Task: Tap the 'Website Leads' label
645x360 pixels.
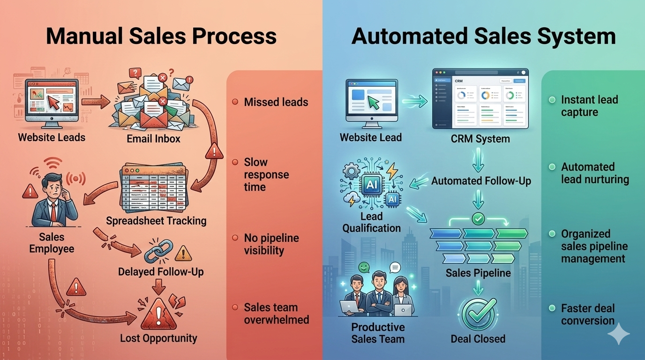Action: (52, 138)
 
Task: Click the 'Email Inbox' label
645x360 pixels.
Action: (153, 139)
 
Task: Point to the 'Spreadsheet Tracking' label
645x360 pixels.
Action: (156, 221)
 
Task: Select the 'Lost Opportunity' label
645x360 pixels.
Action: (158, 338)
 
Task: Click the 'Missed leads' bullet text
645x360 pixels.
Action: (276, 102)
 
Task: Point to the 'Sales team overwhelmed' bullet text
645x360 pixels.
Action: (276, 314)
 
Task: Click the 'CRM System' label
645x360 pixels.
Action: (480, 139)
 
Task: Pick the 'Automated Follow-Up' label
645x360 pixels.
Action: (481, 181)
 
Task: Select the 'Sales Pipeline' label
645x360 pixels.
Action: (478, 273)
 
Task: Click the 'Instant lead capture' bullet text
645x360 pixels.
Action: (589, 106)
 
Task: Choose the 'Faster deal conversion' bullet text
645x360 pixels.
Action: (588, 315)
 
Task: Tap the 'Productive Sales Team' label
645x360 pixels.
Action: (378, 333)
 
